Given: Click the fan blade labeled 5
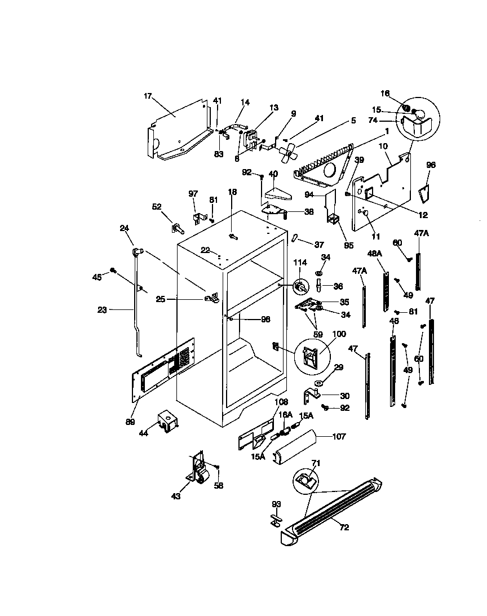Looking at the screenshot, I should point(289,150).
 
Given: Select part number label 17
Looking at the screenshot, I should point(148,96).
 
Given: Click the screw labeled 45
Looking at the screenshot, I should point(113,271).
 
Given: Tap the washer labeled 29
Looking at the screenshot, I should point(318,384).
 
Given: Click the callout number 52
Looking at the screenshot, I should point(157,206).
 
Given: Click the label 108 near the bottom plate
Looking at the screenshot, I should point(281,402).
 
